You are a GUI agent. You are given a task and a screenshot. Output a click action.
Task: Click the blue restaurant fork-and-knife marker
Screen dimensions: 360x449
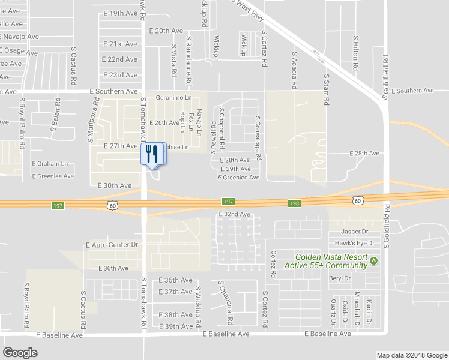pyautogui.click(x=151, y=154)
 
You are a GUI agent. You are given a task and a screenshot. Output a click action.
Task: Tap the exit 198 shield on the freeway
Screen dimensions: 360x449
pyautogui.click(x=294, y=203)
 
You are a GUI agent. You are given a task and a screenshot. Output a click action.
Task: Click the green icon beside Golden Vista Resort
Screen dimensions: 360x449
pyautogui.click(x=374, y=260)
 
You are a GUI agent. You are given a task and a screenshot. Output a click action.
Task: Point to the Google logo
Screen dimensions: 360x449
pyautogui.click(x=20, y=353)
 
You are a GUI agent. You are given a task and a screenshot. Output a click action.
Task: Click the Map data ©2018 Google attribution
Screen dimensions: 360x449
pyautogui.click(x=411, y=355)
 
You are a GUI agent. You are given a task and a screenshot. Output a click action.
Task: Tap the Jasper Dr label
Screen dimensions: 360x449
pyautogui.click(x=354, y=231)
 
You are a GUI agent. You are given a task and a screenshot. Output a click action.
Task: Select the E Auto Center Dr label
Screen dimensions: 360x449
pyautogui.click(x=112, y=245)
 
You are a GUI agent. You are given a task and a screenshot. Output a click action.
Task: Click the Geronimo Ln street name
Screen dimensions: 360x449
pyautogui.click(x=173, y=97)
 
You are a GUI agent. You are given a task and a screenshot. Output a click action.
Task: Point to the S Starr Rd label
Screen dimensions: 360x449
pyautogui.click(x=327, y=90)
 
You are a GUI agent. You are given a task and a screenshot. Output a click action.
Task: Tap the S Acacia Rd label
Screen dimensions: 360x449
pyautogui.click(x=294, y=70)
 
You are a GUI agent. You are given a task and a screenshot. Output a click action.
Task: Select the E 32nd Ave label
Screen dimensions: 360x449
pyautogui.click(x=234, y=214)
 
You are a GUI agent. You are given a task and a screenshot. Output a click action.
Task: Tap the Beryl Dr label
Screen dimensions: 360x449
pyautogui.click(x=340, y=278)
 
